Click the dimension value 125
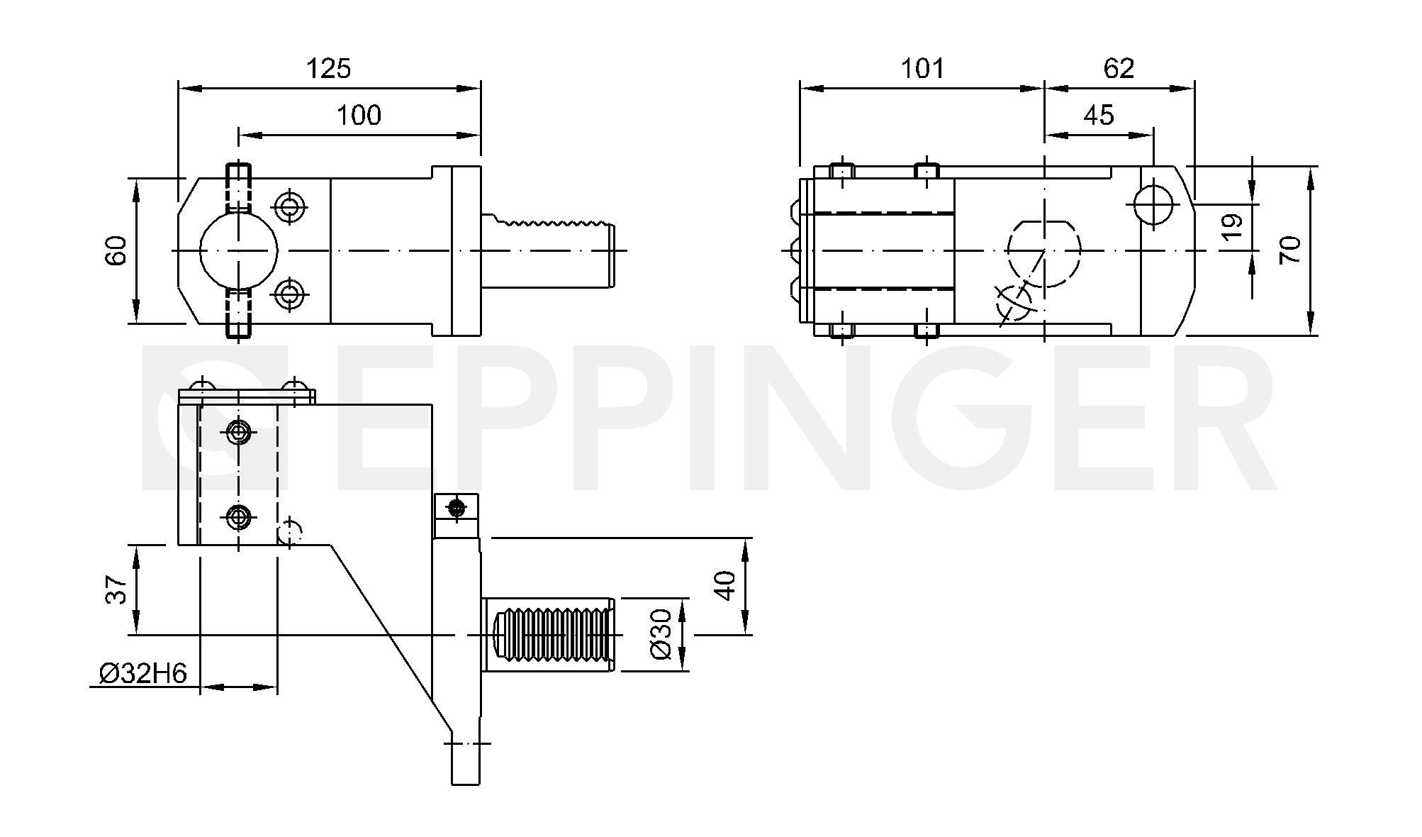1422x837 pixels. point(328,69)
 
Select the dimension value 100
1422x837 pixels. point(359,115)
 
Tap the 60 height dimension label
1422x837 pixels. point(116,250)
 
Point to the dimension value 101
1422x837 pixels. point(922,69)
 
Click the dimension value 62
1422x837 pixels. point(1119,69)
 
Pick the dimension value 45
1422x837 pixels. point(1099,115)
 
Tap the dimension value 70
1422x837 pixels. point(1290,250)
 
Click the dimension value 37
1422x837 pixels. point(116,589)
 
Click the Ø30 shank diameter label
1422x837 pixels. point(660,634)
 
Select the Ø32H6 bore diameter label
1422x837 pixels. point(142,673)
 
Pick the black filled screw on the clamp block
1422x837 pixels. point(457,507)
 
